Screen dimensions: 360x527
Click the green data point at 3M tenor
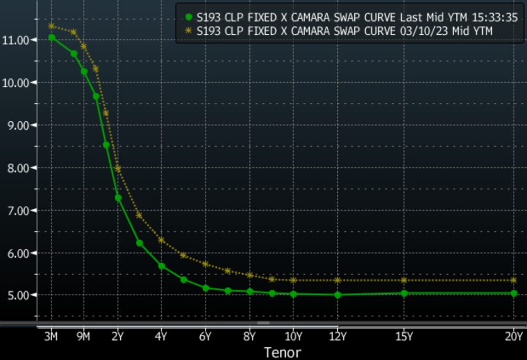point(52,37)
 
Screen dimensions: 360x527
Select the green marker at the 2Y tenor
point(118,198)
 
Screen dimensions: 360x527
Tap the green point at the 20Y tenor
point(514,293)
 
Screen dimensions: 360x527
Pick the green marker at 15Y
point(404,293)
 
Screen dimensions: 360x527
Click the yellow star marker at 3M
point(52,26)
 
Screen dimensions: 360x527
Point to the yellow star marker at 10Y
point(294,280)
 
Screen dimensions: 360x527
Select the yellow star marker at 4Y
point(161,240)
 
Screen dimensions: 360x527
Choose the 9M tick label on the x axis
point(83,336)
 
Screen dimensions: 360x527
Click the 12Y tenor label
point(337,336)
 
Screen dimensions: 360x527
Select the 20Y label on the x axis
point(513,336)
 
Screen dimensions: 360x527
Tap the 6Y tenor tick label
point(206,336)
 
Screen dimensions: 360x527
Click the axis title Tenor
point(282,352)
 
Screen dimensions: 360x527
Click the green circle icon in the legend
point(189,17)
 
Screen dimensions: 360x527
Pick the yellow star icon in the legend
point(189,31)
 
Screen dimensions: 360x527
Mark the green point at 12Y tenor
point(338,295)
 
